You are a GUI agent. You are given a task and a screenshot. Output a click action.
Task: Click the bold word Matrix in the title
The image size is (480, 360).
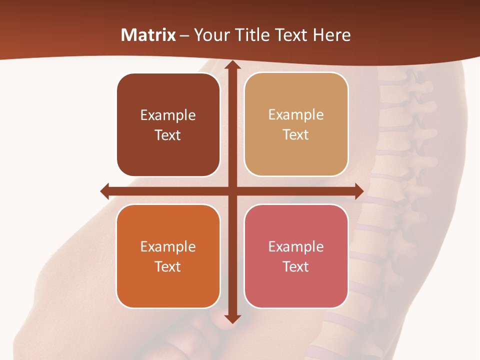pos(148,35)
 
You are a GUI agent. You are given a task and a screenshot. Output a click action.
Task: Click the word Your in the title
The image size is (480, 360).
pos(209,35)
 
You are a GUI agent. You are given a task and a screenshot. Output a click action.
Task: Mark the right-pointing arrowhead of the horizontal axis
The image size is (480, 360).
pos(358,191)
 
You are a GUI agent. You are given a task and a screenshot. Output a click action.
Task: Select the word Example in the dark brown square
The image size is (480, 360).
pos(168,115)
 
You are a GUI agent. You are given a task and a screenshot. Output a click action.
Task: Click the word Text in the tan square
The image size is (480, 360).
pos(296,135)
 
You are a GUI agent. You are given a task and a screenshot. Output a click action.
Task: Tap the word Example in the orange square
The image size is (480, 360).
pos(168,246)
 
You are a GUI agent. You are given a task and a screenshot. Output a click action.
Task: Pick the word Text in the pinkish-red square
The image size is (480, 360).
pos(296,266)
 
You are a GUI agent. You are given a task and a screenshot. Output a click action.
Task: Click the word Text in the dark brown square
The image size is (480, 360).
pos(168,135)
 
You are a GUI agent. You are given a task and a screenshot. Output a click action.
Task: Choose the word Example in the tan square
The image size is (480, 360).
pos(296,115)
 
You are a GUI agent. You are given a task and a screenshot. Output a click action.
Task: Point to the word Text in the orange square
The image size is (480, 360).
pos(168,266)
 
